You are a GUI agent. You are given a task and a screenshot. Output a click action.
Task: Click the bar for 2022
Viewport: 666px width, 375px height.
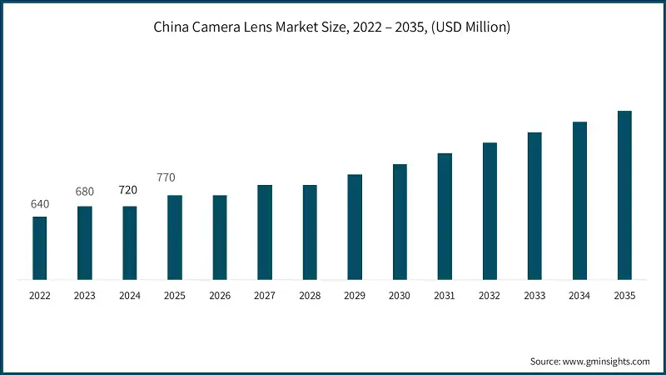[40, 247]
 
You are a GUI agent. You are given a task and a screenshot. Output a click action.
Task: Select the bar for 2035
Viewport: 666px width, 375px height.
[624, 195]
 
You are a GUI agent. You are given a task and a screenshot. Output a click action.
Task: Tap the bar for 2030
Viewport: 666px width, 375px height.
[400, 222]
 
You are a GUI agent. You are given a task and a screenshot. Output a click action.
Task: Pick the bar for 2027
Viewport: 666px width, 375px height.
[265, 232]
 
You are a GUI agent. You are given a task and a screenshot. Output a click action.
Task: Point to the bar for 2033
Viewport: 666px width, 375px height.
[534, 206]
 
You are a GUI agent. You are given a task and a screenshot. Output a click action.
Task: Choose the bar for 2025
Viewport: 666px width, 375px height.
[175, 237]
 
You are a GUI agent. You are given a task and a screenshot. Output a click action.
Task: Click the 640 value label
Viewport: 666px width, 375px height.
[40, 204]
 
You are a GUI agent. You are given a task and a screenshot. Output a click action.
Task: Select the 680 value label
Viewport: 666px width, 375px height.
[85, 192]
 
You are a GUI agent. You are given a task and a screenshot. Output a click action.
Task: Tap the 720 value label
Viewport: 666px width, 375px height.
[129, 190]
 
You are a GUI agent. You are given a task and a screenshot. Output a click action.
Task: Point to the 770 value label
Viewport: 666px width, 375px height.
[169, 177]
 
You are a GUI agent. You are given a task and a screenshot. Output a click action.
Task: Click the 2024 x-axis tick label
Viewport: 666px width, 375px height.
[130, 296]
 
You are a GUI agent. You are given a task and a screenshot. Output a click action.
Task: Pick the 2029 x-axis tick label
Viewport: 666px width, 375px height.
[355, 296]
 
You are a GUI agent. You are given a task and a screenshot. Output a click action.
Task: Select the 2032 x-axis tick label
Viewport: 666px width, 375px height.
[490, 296]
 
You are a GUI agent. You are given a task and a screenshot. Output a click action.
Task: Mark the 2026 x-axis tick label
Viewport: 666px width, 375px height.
[220, 296]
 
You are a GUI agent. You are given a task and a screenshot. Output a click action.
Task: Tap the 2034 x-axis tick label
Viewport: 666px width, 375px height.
[579, 296]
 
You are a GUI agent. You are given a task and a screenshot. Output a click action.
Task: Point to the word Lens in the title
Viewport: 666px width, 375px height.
[260, 27]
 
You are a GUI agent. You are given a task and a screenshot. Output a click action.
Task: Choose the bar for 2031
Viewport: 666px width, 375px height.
[445, 217]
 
